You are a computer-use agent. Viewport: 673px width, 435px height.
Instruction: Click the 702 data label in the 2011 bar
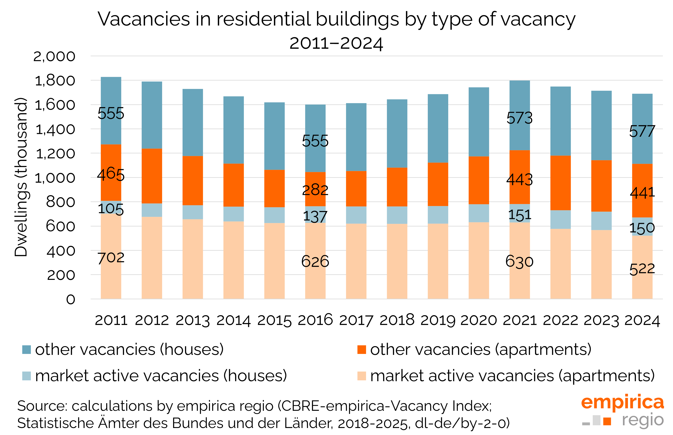click(111, 258)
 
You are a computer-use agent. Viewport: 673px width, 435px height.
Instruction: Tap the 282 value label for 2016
click(315, 190)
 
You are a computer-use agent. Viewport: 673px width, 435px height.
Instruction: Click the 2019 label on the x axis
click(438, 320)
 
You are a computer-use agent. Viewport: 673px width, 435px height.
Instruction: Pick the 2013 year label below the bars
click(193, 320)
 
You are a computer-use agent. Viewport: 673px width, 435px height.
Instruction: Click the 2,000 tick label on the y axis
click(54, 56)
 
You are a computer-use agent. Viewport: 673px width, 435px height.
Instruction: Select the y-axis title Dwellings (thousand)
click(21, 177)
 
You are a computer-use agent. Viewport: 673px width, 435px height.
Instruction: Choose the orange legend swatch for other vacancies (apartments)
click(361, 349)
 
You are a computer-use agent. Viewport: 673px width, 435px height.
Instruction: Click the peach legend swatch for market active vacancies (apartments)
click(361, 376)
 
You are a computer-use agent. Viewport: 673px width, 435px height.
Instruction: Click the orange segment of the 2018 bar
click(397, 187)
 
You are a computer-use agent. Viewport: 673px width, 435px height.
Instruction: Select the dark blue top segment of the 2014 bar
click(233, 130)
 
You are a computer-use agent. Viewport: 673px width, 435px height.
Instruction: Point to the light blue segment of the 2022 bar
click(560, 219)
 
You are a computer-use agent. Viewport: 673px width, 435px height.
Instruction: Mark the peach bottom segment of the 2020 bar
click(478, 260)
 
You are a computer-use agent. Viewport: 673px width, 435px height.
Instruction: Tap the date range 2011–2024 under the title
click(336, 43)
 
